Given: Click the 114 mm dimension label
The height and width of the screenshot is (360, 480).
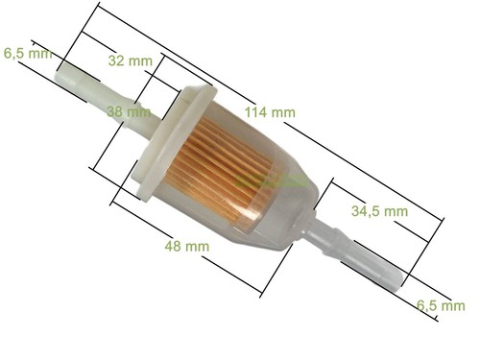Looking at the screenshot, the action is click(x=270, y=112).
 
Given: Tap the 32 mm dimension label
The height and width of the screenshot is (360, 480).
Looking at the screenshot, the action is click(x=131, y=60).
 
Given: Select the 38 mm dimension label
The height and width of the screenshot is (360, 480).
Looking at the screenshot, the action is click(x=129, y=112).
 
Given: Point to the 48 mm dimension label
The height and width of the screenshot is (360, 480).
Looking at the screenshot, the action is click(x=187, y=246).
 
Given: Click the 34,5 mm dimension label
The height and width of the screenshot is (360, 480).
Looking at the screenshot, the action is click(x=379, y=211).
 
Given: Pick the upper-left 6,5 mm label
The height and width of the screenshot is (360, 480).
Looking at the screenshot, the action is click(x=28, y=53).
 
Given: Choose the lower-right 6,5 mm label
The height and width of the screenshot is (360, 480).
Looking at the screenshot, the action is click(x=441, y=305).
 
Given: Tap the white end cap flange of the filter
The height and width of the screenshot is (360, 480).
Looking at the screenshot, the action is click(x=173, y=142).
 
